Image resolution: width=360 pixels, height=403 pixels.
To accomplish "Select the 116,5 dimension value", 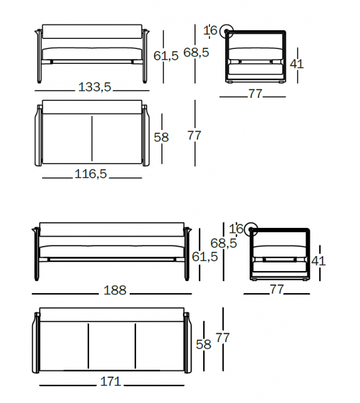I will pyautogui.click(x=90, y=174).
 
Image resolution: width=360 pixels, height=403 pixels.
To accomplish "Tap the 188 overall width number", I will pyautogui.click(x=115, y=291).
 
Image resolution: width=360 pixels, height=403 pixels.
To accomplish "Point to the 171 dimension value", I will pyautogui.click(x=110, y=382).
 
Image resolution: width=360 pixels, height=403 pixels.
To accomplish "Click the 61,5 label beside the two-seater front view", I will pyautogui.click(x=166, y=55).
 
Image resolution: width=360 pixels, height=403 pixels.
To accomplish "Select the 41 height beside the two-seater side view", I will pyautogui.click(x=297, y=63).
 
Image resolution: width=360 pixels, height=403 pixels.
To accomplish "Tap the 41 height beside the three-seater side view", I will pyautogui.click(x=319, y=261).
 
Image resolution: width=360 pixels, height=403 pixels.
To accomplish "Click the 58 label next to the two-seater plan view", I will pyautogui.click(x=161, y=136).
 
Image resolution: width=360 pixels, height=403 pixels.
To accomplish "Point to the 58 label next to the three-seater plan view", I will pyautogui.click(x=203, y=343).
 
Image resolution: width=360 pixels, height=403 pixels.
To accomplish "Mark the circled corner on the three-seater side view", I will pyautogui.click(x=251, y=230).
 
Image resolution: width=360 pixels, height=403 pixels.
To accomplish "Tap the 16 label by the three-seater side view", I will pyautogui.click(x=236, y=228).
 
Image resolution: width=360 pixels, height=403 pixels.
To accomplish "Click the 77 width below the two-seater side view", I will pyautogui.click(x=255, y=94).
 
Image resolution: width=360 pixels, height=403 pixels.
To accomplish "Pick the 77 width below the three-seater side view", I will pyautogui.click(x=277, y=289).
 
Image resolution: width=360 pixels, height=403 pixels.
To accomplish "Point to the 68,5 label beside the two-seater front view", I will pyautogui.click(x=196, y=53).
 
